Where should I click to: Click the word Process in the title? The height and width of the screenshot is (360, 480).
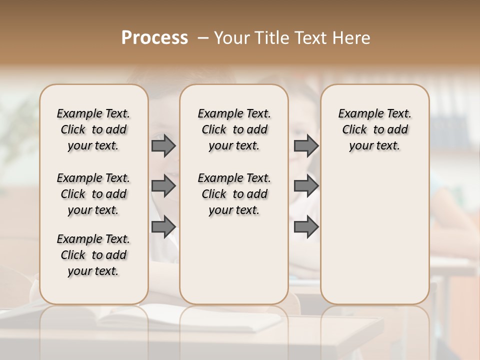point(154,37)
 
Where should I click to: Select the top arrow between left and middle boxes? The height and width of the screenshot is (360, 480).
point(163,145)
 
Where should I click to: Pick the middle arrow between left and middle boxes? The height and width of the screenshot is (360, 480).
point(163,186)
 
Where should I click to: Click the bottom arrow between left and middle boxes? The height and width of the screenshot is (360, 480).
point(163,227)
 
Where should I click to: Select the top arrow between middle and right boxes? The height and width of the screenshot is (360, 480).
point(306,145)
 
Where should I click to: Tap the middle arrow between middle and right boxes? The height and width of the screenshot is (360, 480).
point(306,186)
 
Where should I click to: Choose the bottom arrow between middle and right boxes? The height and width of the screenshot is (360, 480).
point(306,227)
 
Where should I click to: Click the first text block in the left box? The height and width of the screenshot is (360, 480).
point(93,129)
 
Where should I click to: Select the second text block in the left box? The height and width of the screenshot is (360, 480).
point(93,194)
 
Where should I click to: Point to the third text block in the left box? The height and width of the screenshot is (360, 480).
point(93,255)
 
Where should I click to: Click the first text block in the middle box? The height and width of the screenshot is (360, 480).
point(234,129)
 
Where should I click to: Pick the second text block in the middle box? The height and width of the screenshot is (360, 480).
point(234,194)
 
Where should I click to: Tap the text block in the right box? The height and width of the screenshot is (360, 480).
point(374,129)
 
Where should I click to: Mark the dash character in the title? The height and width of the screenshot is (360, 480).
point(203,38)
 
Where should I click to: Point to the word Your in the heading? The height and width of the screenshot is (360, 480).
point(232,38)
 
